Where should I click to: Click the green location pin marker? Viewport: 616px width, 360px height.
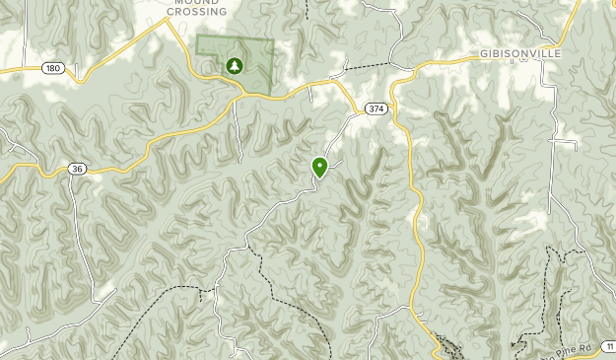(319, 168)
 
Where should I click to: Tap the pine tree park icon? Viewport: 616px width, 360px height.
(235, 66)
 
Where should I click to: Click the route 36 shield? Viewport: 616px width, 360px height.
(78, 169)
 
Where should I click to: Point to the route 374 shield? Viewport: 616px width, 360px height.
(374, 108)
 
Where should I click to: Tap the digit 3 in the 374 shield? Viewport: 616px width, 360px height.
(369, 108)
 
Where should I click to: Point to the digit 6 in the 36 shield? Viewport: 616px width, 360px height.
(81, 169)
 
